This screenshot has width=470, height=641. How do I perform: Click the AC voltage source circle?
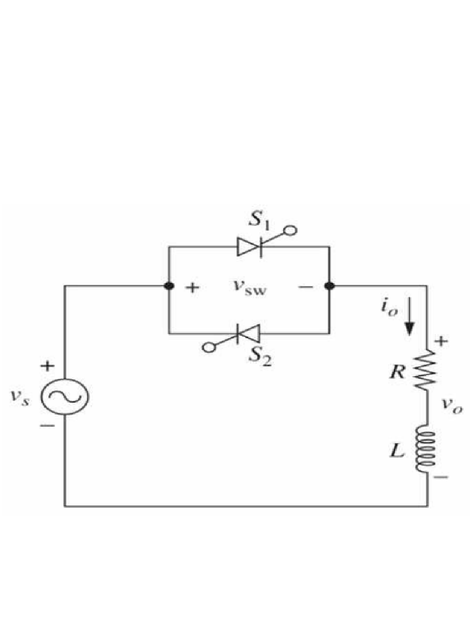coord(65,396)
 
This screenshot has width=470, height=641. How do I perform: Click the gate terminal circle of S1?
coord(290,231)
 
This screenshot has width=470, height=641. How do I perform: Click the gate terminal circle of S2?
coord(206,348)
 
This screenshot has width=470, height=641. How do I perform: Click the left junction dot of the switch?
coord(169,286)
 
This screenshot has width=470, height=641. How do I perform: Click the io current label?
coord(387,308)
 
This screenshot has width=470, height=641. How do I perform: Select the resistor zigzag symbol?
coord(427,371)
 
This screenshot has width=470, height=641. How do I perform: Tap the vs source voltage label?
coord(21,399)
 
